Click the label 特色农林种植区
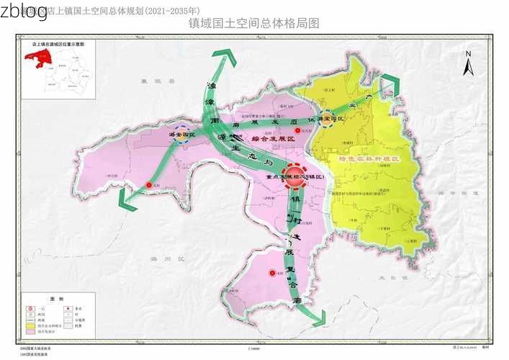pos(369,158)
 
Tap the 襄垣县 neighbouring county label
pos(149,81)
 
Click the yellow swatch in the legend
pos(31,327)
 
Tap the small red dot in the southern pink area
pos(271,273)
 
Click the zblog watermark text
pos(23,12)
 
